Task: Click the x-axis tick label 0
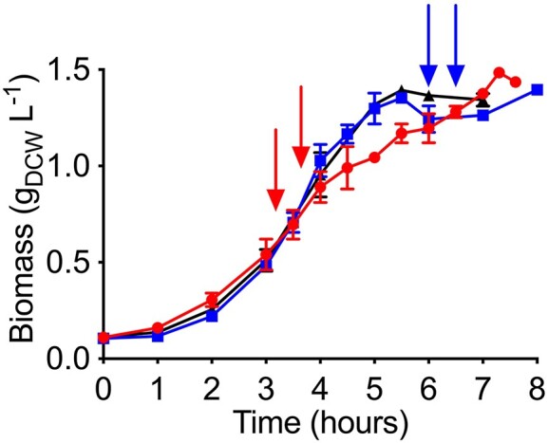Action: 103,388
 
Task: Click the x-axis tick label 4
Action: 320,388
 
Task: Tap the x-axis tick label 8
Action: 538,388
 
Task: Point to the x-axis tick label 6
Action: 428,388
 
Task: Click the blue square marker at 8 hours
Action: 538,90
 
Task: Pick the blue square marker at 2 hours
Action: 212,316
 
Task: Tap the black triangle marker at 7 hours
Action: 483,101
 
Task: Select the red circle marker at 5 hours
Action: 375,157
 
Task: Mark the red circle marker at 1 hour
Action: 158,328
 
